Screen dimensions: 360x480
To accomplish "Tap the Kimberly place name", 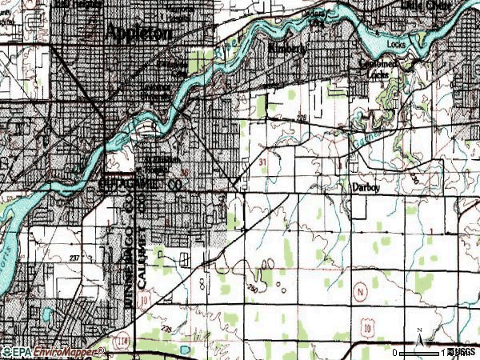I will (287, 48).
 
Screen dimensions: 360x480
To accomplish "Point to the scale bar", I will (420, 352).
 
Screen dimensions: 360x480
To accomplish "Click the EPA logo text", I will (19, 351).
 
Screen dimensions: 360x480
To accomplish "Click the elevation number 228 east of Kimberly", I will (302, 119).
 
